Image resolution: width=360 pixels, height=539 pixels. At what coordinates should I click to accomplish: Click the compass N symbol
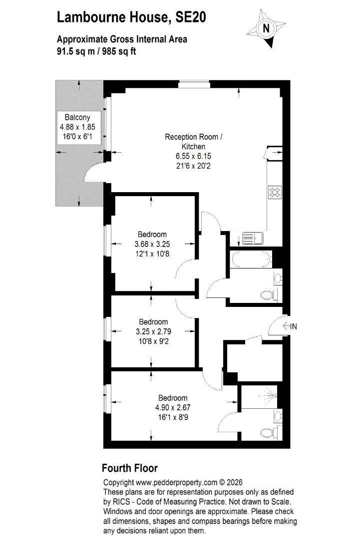[266, 28]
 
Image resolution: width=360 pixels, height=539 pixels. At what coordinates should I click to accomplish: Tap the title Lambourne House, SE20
[131, 17]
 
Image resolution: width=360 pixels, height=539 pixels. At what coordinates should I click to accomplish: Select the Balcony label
[77, 117]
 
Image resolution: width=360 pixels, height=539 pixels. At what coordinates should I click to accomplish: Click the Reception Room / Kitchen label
[194, 142]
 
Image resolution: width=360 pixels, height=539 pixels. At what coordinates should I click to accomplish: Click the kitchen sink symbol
[253, 238]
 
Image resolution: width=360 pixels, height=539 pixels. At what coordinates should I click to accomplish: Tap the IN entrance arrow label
[290, 326]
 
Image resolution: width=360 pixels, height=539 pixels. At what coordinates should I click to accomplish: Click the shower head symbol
[267, 395]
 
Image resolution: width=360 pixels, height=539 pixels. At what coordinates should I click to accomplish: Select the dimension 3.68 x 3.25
[152, 244]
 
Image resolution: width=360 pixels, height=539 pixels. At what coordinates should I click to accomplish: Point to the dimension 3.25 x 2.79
[153, 332]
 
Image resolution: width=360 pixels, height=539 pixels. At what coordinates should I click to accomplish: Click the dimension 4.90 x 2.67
[173, 408]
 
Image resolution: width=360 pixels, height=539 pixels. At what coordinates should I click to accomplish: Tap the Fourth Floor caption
[130, 468]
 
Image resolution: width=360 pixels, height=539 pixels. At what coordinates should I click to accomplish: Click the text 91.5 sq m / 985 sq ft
[96, 51]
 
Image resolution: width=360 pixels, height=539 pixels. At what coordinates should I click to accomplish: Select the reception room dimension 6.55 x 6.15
[193, 156]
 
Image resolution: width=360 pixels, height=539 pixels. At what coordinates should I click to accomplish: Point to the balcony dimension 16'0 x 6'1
[77, 136]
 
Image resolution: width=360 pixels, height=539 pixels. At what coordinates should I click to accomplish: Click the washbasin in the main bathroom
[278, 278]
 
